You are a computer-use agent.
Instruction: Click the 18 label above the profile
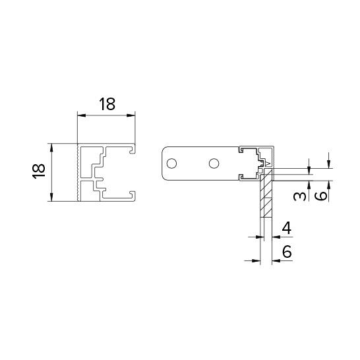point(107,104)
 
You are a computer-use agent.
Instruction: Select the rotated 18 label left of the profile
point(38,171)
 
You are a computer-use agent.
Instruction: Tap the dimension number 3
point(300,196)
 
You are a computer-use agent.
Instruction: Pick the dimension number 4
point(287,228)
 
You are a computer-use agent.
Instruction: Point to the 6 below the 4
point(287,251)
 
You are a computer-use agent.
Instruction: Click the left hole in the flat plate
point(171,164)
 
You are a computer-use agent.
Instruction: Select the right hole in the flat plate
point(214,164)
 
